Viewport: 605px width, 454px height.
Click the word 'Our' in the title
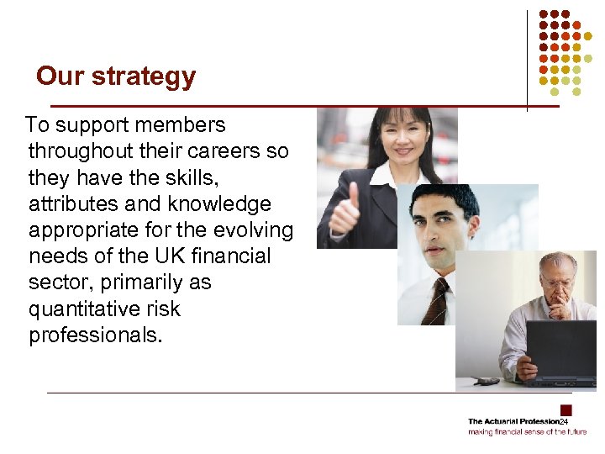click(x=60, y=77)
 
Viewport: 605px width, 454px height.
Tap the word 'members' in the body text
click(x=184, y=125)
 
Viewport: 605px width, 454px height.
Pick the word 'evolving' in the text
click(x=252, y=230)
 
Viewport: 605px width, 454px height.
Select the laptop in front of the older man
click(x=560, y=349)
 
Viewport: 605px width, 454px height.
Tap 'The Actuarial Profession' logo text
click(x=513, y=421)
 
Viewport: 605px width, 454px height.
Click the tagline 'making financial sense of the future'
click(x=527, y=432)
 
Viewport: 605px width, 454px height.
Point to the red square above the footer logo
click(x=566, y=410)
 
